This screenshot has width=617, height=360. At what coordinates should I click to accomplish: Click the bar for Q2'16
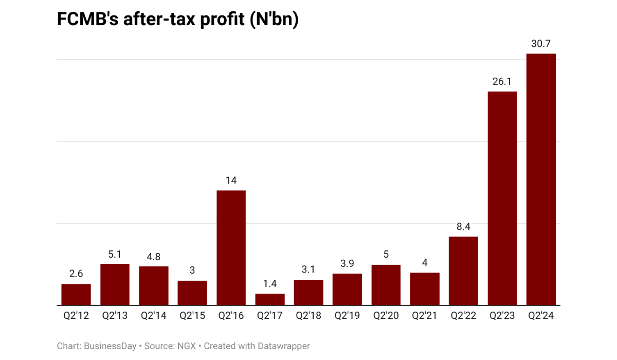click(x=231, y=248)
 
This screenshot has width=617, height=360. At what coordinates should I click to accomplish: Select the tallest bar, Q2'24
click(x=541, y=179)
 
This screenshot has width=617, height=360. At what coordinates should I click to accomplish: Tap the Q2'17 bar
click(x=270, y=299)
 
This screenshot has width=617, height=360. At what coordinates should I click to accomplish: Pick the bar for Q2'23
click(x=502, y=199)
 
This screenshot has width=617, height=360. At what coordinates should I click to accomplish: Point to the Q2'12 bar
click(x=76, y=295)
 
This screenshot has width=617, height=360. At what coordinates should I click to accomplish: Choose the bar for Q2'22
click(x=463, y=271)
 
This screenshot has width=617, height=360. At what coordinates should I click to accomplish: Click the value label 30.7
click(x=541, y=44)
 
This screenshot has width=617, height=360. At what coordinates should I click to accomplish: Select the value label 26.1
click(x=502, y=82)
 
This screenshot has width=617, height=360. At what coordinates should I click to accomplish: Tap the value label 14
click(x=231, y=181)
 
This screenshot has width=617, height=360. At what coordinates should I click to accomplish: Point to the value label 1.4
click(x=270, y=284)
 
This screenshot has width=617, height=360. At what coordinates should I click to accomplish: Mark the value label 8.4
click(x=463, y=227)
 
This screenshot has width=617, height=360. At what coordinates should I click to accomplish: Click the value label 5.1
click(x=115, y=254)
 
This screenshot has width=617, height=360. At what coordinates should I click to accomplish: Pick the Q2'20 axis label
click(x=386, y=316)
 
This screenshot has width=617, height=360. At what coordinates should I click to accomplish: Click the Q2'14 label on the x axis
click(x=153, y=316)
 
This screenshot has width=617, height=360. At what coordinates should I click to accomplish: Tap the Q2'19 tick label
click(x=347, y=316)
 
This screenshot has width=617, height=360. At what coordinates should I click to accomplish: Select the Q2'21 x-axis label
click(x=425, y=316)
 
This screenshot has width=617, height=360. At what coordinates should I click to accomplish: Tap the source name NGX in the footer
click(x=186, y=346)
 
